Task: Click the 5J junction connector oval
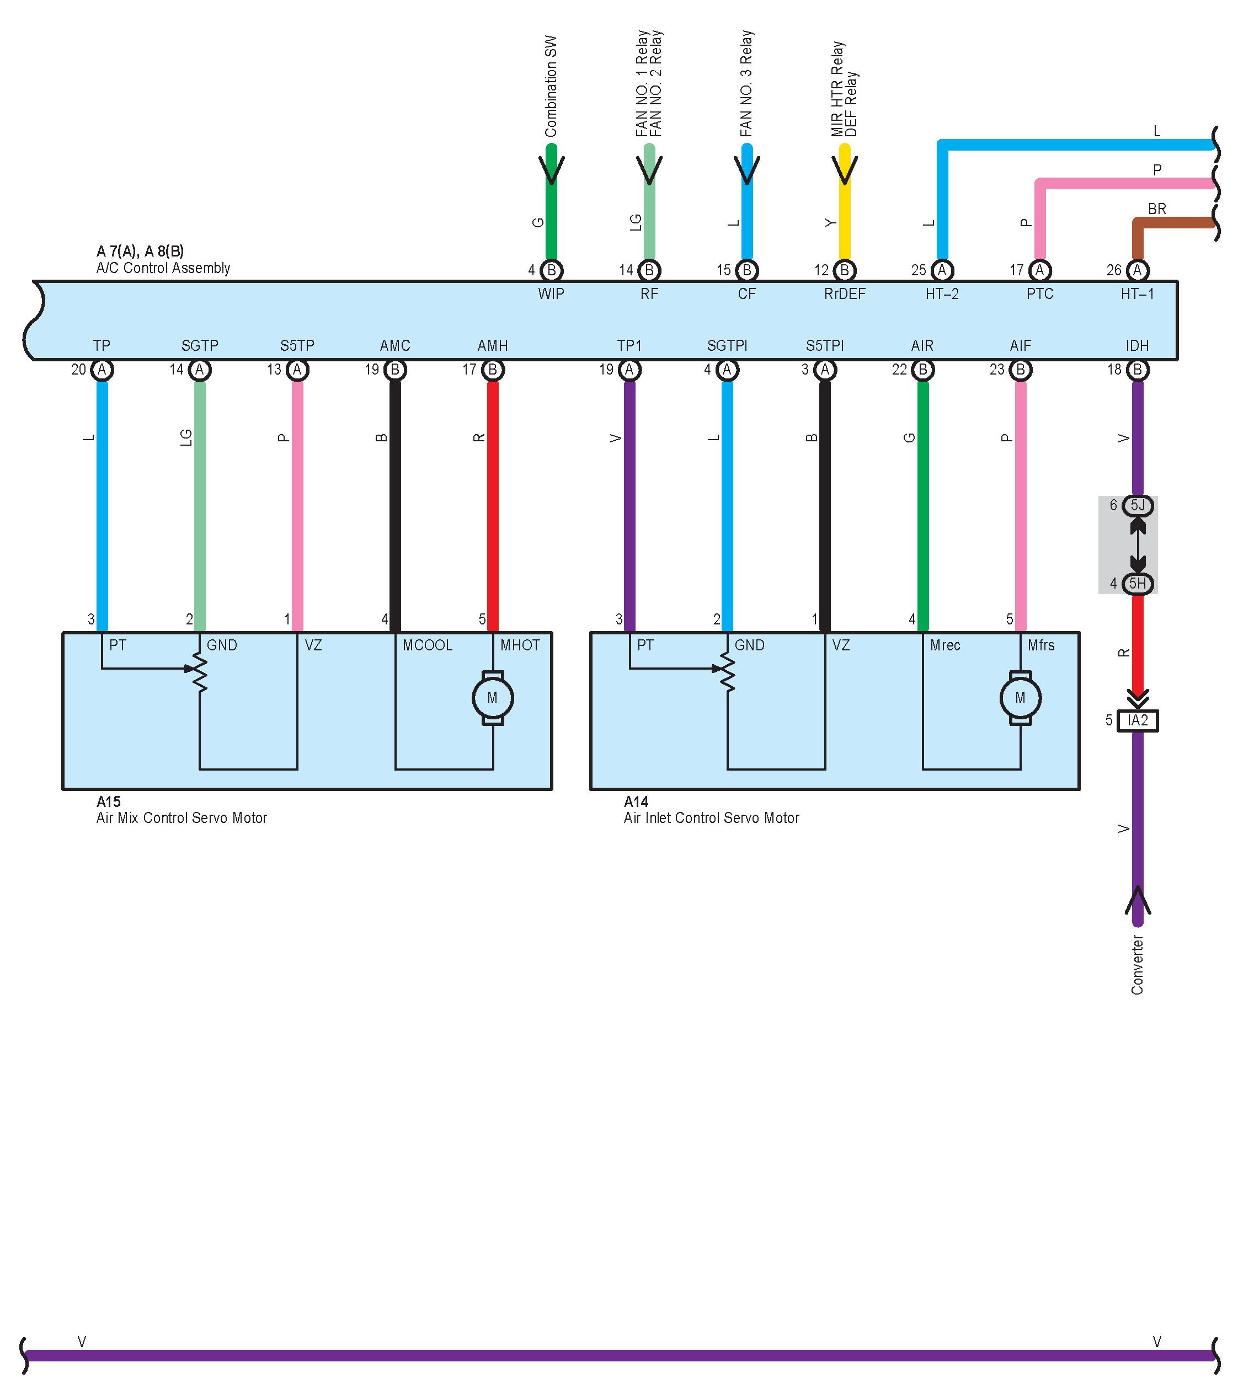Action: click(x=1137, y=505)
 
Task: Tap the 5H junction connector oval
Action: click(x=1137, y=584)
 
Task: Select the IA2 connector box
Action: click(x=1137, y=720)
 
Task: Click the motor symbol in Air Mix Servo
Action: click(x=493, y=698)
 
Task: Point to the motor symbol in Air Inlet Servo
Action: click(x=1020, y=698)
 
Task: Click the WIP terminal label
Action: click(x=551, y=294)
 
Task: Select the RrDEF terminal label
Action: click(x=844, y=294)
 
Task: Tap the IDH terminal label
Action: click(x=1137, y=346)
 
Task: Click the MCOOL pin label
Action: click(x=428, y=645)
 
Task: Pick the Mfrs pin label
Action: click(x=1040, y=645)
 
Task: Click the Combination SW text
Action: click(x=551, y=86)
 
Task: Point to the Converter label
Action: click(x=1137, y=965)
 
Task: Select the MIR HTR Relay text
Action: click(x=837, y=89)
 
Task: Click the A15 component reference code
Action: click(x=108, y=801)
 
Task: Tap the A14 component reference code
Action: click(x=636, y=801)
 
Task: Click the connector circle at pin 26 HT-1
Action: click(x=1137, y=270)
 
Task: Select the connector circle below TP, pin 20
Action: click(x=102, y=370)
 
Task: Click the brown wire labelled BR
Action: click(x=1172, y=223)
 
